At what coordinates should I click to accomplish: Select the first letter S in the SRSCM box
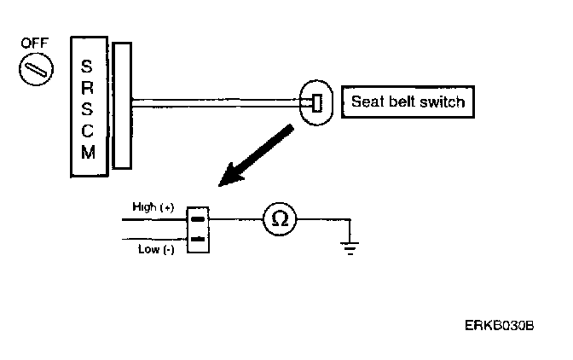(x=88, y=65)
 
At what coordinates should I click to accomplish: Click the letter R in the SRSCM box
(x=88, y=87)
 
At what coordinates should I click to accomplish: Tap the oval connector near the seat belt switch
(x=316, y=104)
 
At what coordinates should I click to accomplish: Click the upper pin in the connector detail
(x=197, y=218)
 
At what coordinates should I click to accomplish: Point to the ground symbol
(x=348, y=247)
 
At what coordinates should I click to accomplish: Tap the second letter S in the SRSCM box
(x=88, y=108)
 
